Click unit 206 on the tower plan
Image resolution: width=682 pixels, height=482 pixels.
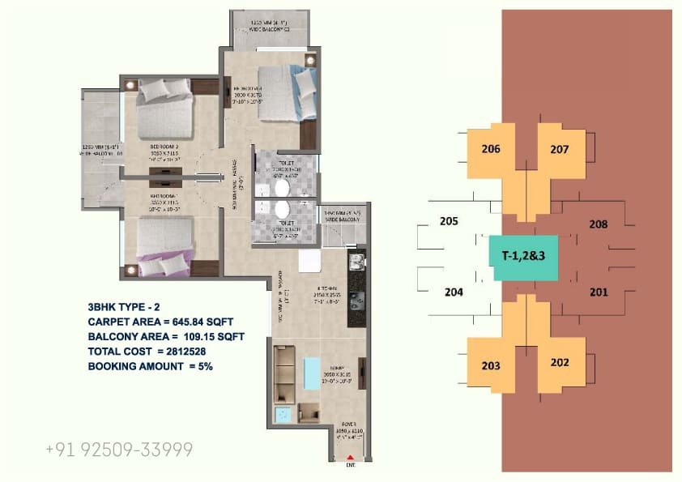point(491,148)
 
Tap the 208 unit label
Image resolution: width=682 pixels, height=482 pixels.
point(599,224)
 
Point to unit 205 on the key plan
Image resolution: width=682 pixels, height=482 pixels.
point(449,220)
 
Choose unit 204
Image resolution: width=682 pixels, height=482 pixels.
point(453,292)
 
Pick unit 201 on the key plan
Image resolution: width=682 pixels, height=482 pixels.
point(599,292)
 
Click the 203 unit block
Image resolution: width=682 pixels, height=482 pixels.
point(491,365)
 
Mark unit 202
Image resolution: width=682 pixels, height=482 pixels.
point(560,363)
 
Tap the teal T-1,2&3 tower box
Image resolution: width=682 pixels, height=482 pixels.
point(522,257)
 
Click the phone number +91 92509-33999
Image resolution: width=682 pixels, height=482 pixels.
point(119,450)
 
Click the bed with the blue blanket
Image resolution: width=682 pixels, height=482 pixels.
point(284,92)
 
